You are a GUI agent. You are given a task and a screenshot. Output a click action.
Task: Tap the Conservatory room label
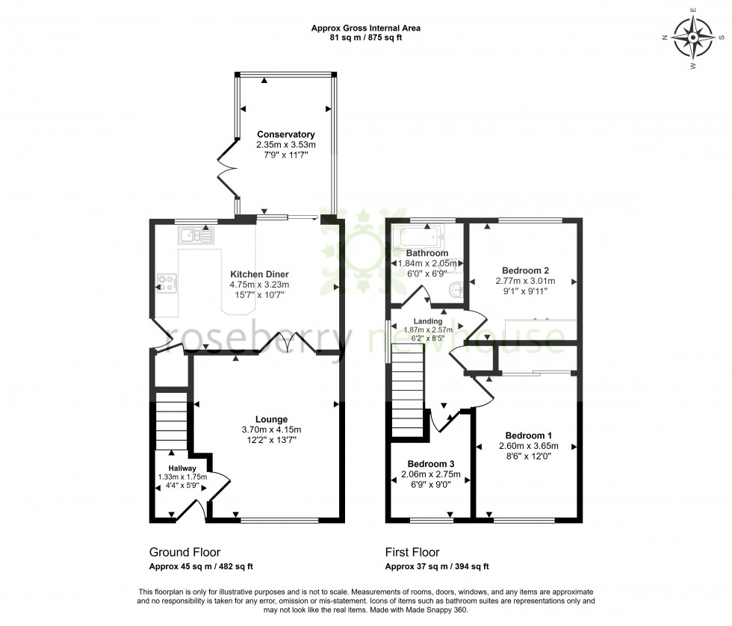click(285, 134)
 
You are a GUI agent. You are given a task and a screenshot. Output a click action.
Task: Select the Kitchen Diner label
click(259, 274)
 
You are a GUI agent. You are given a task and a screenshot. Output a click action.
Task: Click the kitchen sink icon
click(195, 236)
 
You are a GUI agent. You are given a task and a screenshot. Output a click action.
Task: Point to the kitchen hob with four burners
click(167, 283)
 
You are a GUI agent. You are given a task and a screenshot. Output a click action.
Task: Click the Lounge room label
click(270, 419)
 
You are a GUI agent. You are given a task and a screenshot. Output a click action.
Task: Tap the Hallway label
click(182, 468)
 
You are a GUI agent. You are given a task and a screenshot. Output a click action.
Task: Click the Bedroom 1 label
click(528, 436)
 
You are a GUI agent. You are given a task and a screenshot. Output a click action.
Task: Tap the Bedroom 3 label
click(429, 463)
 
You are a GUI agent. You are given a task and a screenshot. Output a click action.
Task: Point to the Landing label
click(428, 321)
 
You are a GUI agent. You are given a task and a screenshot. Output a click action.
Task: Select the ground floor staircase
click(170, 422)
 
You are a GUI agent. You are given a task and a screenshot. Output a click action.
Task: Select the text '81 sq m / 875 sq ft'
click(365, 38)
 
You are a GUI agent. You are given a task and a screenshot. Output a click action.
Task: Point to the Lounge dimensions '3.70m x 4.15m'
click(270, 430)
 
